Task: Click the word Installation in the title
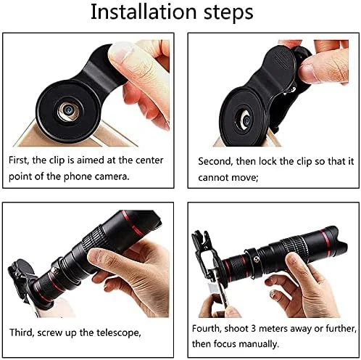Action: (x=144, y=12)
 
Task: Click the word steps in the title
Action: (x=228, y=12)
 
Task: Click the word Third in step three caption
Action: (x=21, y=332)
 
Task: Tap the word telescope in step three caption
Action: (x=119, y=333)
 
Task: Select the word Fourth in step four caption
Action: (x=207, y=329)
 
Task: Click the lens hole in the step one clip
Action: (x=68, y=110)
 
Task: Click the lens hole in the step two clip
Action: (x=244, y=120)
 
